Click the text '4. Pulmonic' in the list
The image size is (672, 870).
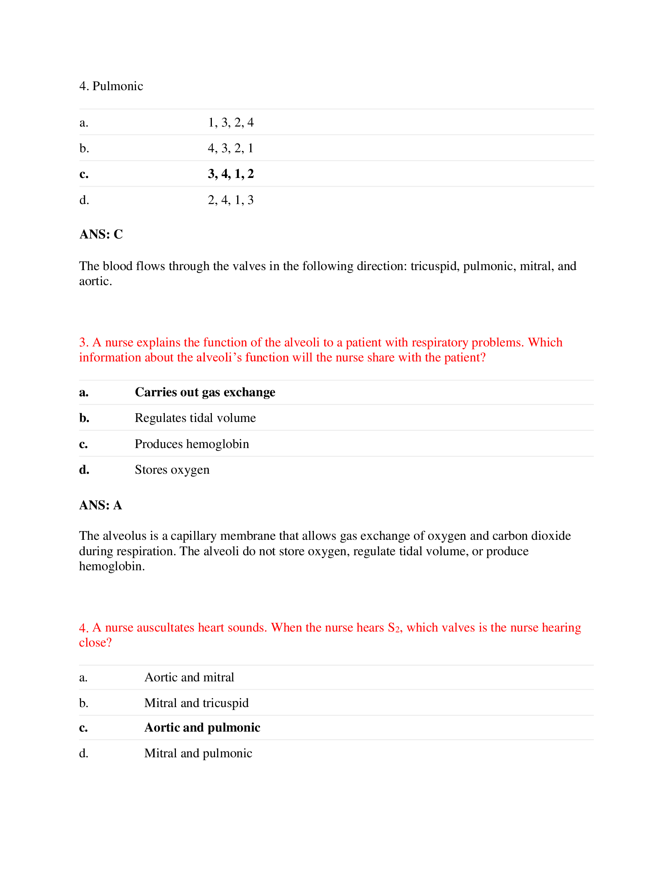[111, 86]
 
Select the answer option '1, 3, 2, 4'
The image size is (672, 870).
[230, 122]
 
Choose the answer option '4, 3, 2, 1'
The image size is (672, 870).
[230, 148]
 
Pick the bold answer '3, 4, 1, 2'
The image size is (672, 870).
[230, 174]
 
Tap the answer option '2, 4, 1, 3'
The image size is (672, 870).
[230, 200]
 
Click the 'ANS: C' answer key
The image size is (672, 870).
[101, 234]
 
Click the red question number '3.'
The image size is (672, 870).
[83, 342]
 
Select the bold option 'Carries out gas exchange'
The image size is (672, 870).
[205, 392]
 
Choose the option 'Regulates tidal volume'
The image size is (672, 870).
[195, 418]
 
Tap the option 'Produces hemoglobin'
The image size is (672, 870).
[192, 444]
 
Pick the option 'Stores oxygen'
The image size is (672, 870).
[172, 470]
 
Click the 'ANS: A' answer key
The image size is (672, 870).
[101, 505]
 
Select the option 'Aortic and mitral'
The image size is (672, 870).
[189, 677]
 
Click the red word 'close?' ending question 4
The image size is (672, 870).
[95, 643]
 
